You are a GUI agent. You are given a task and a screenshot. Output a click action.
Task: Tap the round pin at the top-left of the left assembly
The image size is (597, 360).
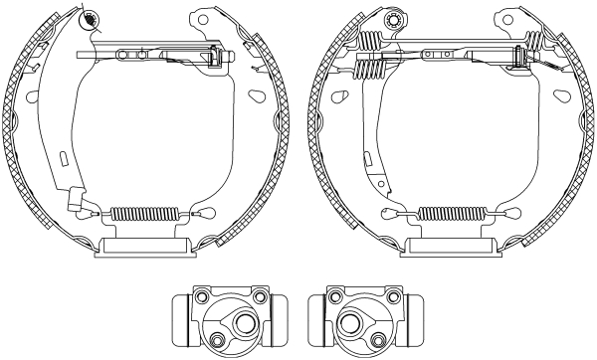pyautogui.click(x=91, y=18)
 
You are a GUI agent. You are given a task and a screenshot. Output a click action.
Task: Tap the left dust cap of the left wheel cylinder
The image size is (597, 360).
pyautogui.click(x=178, y=316)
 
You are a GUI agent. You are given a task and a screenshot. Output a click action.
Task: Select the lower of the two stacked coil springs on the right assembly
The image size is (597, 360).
pyautogui.click(x=370, y=70)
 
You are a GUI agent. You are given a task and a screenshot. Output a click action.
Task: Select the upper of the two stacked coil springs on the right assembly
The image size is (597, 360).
pyautogui.click(x=370, y=42)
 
